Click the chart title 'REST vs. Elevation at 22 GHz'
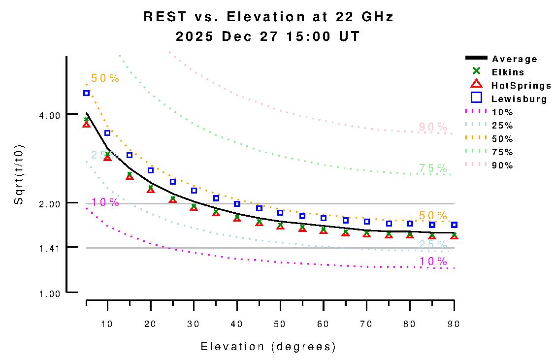click(x=268, y=17)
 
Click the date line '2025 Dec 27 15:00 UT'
click(x=268, y=37)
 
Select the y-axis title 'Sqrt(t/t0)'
click(x=19, y=174)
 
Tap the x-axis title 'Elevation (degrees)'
click(x=268, y=347)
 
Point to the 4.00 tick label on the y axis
click(x=49, y=115)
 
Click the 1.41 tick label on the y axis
click(x=49, y=248)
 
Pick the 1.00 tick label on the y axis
click(x=49, y=294)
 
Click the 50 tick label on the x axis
click(x=280, y=324)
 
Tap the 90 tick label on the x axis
click(x=453, y=324)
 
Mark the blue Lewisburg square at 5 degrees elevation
click(x=86, y=93)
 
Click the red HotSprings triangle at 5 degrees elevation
click(x=86, y=125)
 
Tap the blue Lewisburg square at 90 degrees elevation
click(x=454, y=225)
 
